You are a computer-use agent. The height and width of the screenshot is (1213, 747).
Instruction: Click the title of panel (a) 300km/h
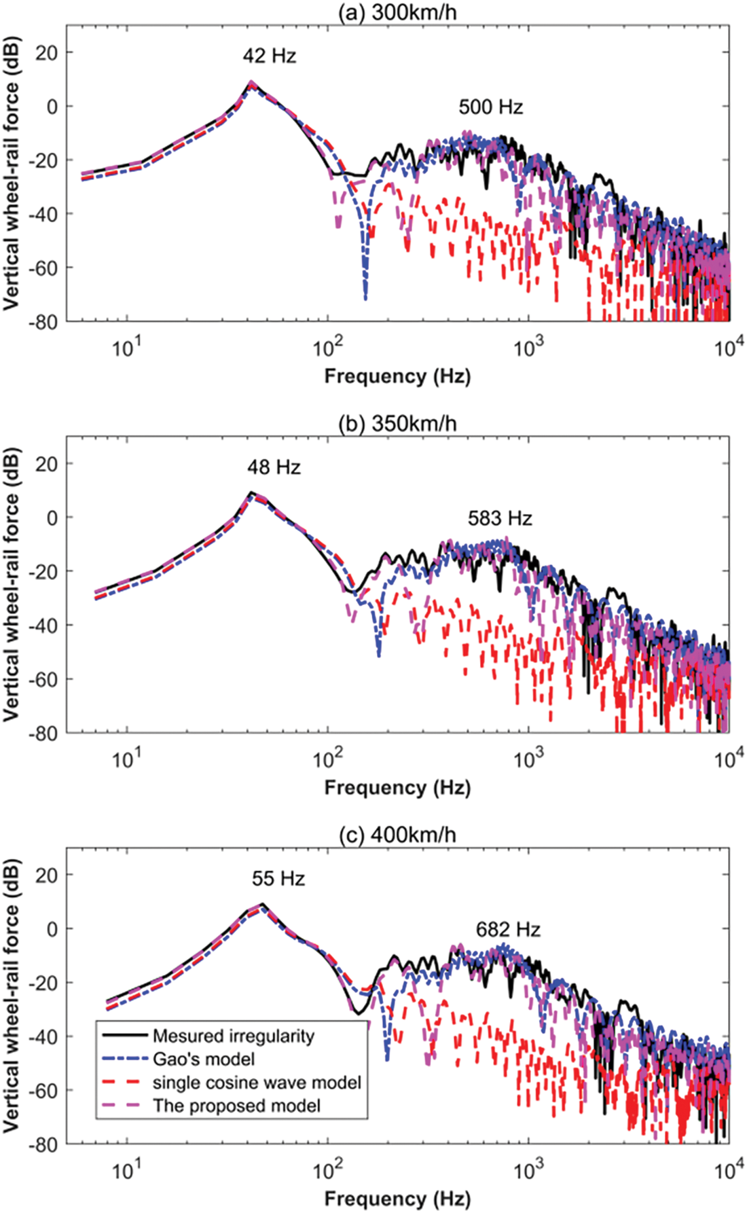(x=397, y=12)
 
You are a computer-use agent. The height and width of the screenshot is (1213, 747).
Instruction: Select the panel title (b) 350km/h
(x=397, y=423)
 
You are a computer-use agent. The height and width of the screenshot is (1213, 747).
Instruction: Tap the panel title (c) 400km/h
(x=397, y=835)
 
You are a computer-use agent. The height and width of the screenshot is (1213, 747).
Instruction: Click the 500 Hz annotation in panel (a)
(x=490, y=107)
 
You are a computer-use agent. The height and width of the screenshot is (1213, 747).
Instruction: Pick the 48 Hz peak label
(x=274, y=467)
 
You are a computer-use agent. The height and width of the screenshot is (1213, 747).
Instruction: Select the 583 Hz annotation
(x=500, y=519)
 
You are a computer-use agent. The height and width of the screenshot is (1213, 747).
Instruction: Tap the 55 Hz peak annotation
(x=278, y=878)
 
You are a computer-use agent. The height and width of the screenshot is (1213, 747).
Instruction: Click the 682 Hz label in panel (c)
(x=508, y=929)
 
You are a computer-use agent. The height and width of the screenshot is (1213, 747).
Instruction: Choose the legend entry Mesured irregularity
(x=233, y=1036)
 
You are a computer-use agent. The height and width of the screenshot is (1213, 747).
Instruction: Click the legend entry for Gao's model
(x=204, y=1060)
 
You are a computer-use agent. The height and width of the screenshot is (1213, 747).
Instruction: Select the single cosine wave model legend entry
(x=257, y=1083)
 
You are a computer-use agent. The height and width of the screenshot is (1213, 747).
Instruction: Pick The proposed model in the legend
(x=236, y=1106)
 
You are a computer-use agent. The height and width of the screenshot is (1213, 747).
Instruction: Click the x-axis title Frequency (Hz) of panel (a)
(x=397, y=376)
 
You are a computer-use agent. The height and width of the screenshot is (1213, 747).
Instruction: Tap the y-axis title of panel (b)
(x=12, y=584)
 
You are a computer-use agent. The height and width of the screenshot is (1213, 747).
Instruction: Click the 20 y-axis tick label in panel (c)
(x=47, y=875)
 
